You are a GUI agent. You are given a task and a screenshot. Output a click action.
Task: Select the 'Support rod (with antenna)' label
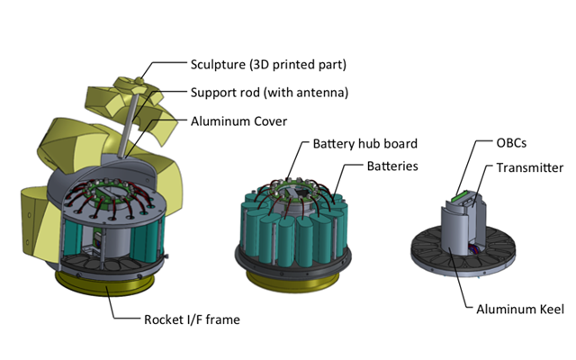pos(268,92)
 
